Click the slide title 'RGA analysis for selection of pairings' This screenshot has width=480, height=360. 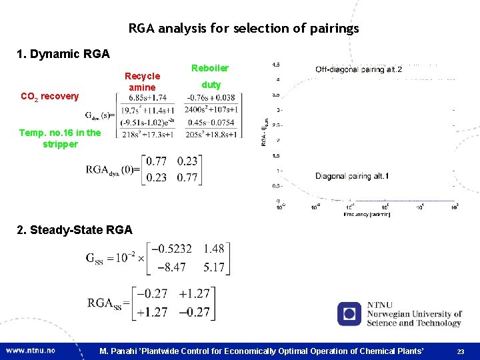pos(243,29)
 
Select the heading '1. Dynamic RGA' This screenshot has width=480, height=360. pos(64,53)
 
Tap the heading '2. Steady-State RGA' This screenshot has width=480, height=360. pos(75,230)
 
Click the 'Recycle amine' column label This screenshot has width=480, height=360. pos(143,81)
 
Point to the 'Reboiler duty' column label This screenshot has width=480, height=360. pos(211,76)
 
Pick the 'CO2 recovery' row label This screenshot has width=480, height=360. pos(49,97)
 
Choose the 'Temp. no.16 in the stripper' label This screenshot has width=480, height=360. pos(60,138)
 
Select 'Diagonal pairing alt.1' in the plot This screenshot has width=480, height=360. pos(352,176)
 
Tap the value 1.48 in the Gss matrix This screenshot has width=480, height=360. pos(214,249)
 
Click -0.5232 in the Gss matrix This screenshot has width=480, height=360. pos(171,249)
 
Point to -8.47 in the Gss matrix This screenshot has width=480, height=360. pos(171,268)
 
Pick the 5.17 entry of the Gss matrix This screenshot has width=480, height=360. pos(214,268)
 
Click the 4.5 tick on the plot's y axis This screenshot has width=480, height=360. pos(275,65)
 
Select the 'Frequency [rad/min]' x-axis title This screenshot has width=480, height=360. pos(367,214)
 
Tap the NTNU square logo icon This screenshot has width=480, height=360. pos(349,314)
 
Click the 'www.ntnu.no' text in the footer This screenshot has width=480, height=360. pos(31,350)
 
